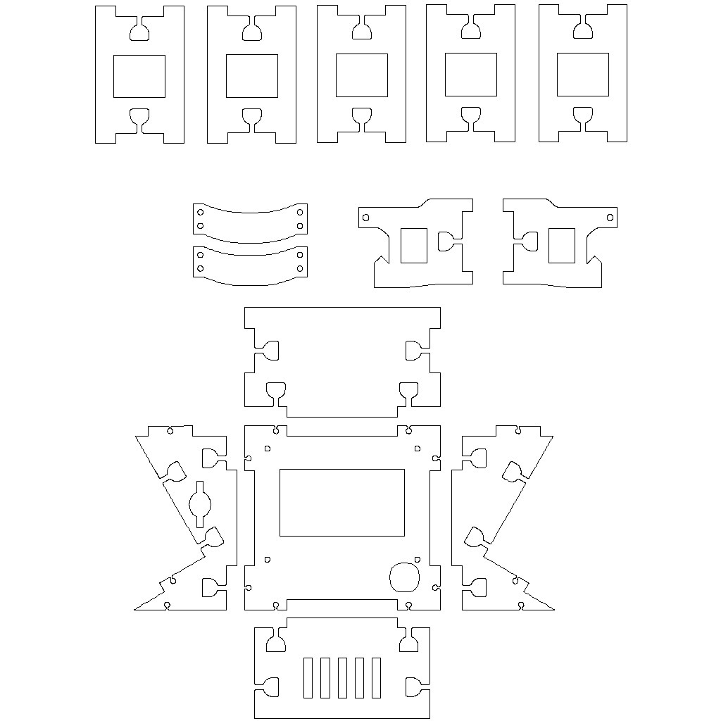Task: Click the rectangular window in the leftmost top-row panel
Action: pos(139,76)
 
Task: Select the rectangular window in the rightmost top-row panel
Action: pos(582,75)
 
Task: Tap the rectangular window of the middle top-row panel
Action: pos(361,75)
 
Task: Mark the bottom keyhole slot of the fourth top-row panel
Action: pos(470,115)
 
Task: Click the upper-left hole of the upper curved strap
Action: pos(201,211)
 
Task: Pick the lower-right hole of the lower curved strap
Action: pos(301,268)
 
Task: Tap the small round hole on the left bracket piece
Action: pos(365,218)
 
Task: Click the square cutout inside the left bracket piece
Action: pos(414,245)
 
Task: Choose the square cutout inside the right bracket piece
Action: pos(561,245)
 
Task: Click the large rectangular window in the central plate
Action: pos(342,502)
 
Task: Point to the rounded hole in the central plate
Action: pos(404,577)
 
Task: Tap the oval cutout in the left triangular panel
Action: pos(200,503)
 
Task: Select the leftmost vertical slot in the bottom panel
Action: pos(308,678)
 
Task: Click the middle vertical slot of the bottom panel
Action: pos(341,678)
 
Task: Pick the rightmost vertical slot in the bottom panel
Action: pos(376,678)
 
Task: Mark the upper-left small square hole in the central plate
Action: pos(267,448)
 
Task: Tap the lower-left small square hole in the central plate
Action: pos(267,559)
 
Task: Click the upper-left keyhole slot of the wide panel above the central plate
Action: pos(270,350)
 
